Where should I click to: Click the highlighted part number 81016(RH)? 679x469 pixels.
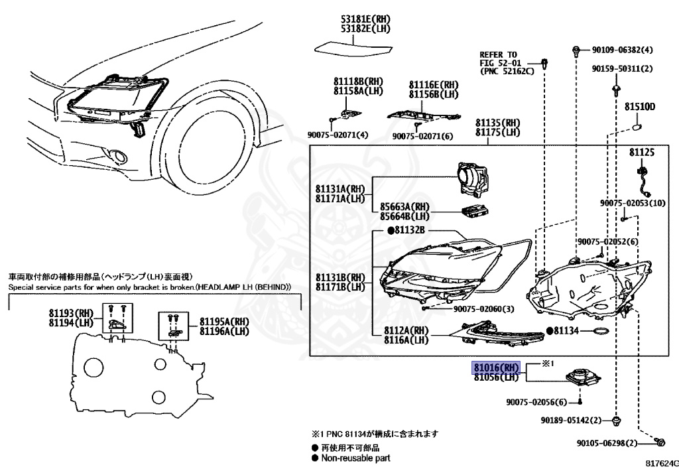496,368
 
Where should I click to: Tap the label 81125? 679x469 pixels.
641,153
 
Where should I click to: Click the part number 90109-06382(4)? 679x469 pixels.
622,50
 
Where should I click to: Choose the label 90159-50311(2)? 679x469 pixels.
622,68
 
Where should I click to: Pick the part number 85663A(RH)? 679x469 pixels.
404,206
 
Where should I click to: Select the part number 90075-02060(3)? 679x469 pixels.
484,309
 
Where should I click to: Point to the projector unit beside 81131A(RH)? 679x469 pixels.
475,180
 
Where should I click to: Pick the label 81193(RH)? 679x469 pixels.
72,312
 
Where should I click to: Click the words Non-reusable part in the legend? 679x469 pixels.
355,458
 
